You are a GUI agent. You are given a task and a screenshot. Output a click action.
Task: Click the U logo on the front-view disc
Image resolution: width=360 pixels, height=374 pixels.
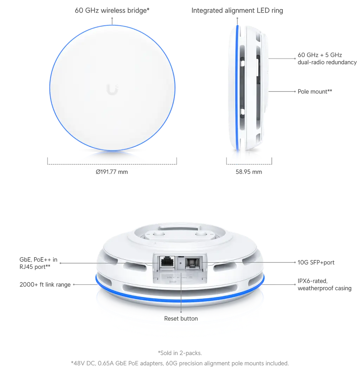click(x=111, y=89)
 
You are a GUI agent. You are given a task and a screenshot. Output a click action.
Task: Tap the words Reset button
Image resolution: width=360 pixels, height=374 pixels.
click(x=181, y=318)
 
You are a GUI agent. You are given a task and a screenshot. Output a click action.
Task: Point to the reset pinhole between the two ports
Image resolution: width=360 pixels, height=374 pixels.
click(x=181, y=262)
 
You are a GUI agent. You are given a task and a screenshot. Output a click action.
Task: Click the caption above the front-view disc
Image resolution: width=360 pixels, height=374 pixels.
click(x=112, y=11)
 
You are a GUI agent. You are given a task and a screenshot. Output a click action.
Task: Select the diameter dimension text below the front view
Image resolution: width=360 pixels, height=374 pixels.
click(x=112, y=173)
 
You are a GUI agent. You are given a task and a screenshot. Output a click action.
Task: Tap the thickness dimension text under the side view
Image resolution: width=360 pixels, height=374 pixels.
click(x=249, y=173)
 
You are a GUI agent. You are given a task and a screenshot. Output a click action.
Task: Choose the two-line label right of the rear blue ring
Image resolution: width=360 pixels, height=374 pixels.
click(x=324, y=285)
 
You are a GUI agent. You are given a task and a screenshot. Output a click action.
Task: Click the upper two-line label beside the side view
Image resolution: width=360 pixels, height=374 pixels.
click(x=327, y=59)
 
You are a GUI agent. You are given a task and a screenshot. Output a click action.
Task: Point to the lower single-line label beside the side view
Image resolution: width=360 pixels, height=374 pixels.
click(x=315, y=92)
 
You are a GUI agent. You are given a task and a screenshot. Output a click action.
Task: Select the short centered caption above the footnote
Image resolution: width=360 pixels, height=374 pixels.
click(x=180, y=352)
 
